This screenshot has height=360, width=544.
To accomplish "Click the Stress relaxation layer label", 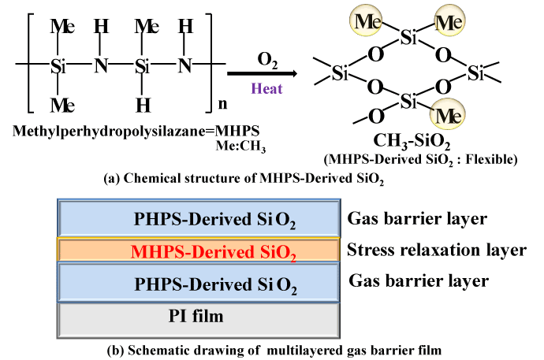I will (436, 251).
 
